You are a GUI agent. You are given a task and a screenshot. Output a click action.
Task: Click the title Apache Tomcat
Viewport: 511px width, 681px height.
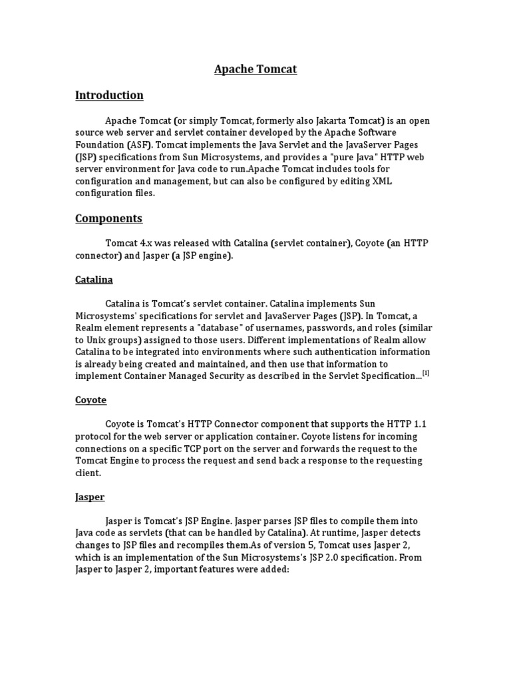coord(255,69)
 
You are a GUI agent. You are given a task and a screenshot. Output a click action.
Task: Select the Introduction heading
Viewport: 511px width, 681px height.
coord(109,95)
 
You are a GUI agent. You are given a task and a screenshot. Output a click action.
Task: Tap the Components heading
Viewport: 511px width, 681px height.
coord(108,218)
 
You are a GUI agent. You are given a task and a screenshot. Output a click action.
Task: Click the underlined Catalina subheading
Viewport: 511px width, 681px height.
coord(94,280)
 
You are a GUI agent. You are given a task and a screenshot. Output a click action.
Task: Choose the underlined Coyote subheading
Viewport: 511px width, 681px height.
coord(90,400)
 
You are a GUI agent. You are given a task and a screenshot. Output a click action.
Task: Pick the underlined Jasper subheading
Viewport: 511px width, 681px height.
coord(90,497)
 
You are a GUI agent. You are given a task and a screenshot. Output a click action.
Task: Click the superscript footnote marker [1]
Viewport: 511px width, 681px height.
coord(426,373)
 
